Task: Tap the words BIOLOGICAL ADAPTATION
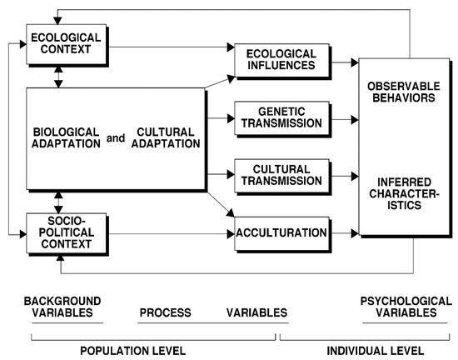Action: [66, 138]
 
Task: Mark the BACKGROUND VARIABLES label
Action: [62, 307]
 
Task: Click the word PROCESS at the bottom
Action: [165, 312]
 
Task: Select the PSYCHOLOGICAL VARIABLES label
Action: [397, 307]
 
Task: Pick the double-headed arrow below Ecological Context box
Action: [56, 77]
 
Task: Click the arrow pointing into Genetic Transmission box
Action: [220, 118]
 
